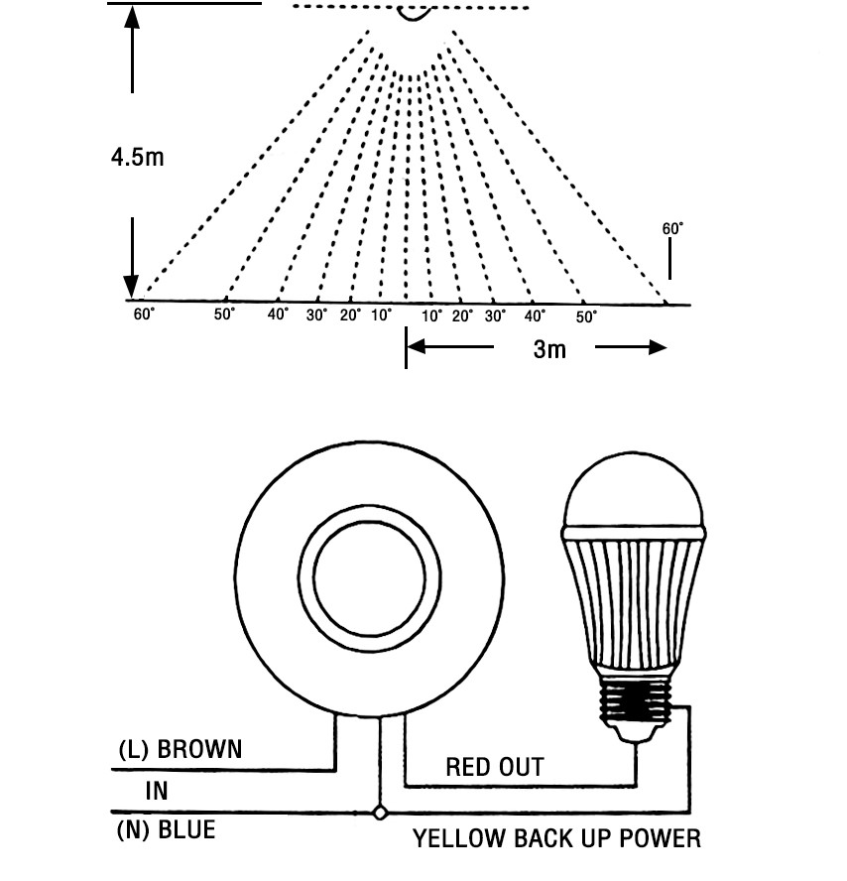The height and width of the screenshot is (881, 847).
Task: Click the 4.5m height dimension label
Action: pyautogui.click(x=138, y=157)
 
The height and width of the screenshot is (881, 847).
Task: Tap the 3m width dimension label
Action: pyautogui.click(x=549, y=349)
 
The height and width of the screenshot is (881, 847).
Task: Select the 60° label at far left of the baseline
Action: pyautogui.click(x=144, y=315)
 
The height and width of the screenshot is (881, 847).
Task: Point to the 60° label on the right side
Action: pyautogui.click(x=672, y=228)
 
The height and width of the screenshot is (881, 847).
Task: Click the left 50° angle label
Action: pyautogui.click(x=224, y=315)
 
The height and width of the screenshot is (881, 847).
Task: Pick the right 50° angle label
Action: pyautogui.click(x=586, y=316)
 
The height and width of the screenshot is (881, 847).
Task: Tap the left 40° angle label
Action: pyautogui.click(x=278, y=315)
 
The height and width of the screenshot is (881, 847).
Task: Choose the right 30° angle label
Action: pyautogui.click(x=495, y=315)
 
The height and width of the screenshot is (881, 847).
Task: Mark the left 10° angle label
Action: pyautogui.click(x=382, y=315)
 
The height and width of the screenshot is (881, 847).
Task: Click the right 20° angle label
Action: pyautogui.click(x=463, y=315)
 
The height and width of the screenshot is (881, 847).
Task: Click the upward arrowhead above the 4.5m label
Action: pyautogui.click(x=132, y=18)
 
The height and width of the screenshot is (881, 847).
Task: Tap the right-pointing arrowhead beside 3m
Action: pyautogui.click(x=658, y=347)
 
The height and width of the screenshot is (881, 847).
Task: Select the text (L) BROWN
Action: pyautogui.click(x=181, y=749)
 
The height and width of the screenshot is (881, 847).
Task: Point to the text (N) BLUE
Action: pyautogui.click(x=167, y=829)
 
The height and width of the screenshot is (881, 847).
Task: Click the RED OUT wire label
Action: pyautogui.click(x=495, y=767)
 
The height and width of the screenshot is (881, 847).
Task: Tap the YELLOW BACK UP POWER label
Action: pyautogui.click(x=557, y=838)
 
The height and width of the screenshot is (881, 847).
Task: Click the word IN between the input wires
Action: pyautogui.click(x=157, y=791)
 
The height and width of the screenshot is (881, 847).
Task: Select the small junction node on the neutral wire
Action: pyautogui.click(x=380, y=813)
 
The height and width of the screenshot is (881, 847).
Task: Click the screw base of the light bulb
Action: pyautogui.click(x=635, y=699)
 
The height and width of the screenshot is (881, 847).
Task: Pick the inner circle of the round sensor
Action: pyautogui.click(x=314, y=577)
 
